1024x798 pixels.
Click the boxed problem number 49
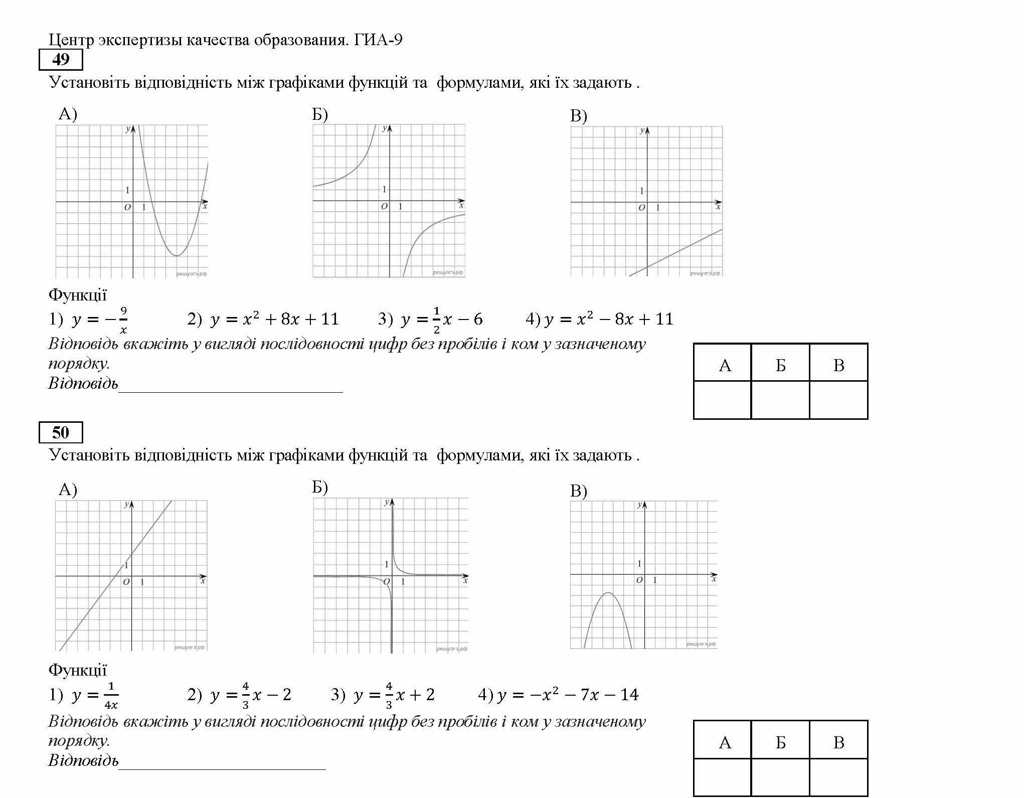coord(61,60)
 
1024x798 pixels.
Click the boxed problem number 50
coord(61,433)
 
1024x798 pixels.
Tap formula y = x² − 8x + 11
coord(609,319)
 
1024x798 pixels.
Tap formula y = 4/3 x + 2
coord(394,695)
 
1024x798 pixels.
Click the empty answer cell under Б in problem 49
coord(780,400)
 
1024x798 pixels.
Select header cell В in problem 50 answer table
coord(838,743)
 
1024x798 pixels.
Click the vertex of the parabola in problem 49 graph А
coord(177,256)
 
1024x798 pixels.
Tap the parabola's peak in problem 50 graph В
coord(608,593)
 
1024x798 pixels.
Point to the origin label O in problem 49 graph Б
coord(384,206)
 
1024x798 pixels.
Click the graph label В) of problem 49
coord(578,116)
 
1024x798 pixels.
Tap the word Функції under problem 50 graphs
coord(78,670)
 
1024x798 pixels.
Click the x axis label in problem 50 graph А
coord(203,581)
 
